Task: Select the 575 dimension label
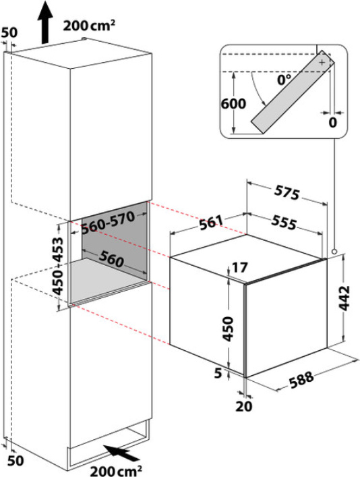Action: pos(287,193)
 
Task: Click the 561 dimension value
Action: pos(212,222)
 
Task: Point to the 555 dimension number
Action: pos(284,222)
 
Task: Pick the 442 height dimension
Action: pos(344,298)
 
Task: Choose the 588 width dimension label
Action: pos(301,380)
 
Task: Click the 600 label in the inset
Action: pos(233,104)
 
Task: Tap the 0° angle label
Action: pos(284,80)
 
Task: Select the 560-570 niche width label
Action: pos(108,223)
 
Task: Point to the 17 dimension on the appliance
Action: pos(240,268)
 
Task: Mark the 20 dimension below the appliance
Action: pos(244,406)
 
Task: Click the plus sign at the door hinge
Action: pos(322,62)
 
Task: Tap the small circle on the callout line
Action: pos(334,252)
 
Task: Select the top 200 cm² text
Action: pos(89,26)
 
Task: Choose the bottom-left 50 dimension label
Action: pos(16,461)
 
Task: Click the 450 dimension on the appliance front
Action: pos(227,329)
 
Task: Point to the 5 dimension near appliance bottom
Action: pos(218,373)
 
